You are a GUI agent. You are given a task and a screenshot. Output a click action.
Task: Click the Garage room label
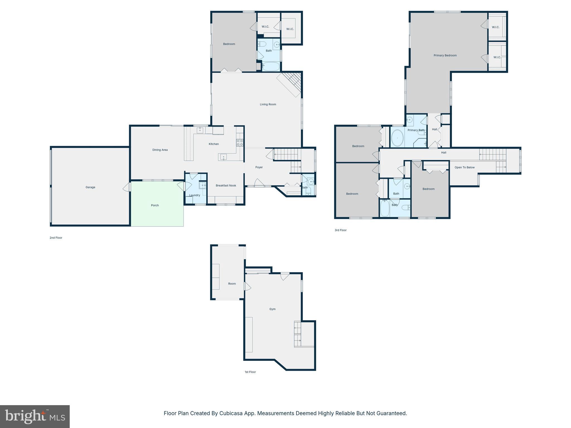pos(90,187)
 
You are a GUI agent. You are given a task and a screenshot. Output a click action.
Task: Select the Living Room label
pos(268,104)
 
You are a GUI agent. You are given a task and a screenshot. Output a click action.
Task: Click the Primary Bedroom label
pos(445,55)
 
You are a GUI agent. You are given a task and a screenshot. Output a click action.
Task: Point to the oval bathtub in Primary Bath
pos(397,138)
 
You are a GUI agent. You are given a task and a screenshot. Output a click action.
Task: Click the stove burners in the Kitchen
pos(240,143)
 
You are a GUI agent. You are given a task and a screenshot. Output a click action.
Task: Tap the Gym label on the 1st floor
pos(272,309)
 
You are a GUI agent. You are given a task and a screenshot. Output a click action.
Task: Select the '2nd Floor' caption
pos(56,238)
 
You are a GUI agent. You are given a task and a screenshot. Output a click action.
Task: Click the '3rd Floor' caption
pos(340,230)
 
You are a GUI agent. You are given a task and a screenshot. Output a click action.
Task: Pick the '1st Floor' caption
pos(250,372)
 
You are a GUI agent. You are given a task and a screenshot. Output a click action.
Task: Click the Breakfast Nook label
pos(226,186)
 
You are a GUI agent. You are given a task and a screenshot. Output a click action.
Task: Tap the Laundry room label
pos(195,195)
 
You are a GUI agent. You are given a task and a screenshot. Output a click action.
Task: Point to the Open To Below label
pos(464,167)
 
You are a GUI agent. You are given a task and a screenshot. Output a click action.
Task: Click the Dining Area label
pos(160,150)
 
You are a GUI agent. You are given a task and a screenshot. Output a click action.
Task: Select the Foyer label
pos(259,167)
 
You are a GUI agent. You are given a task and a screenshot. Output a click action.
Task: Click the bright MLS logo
pos(35,416)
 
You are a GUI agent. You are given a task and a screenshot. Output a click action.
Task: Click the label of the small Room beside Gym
pos(232,284)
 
